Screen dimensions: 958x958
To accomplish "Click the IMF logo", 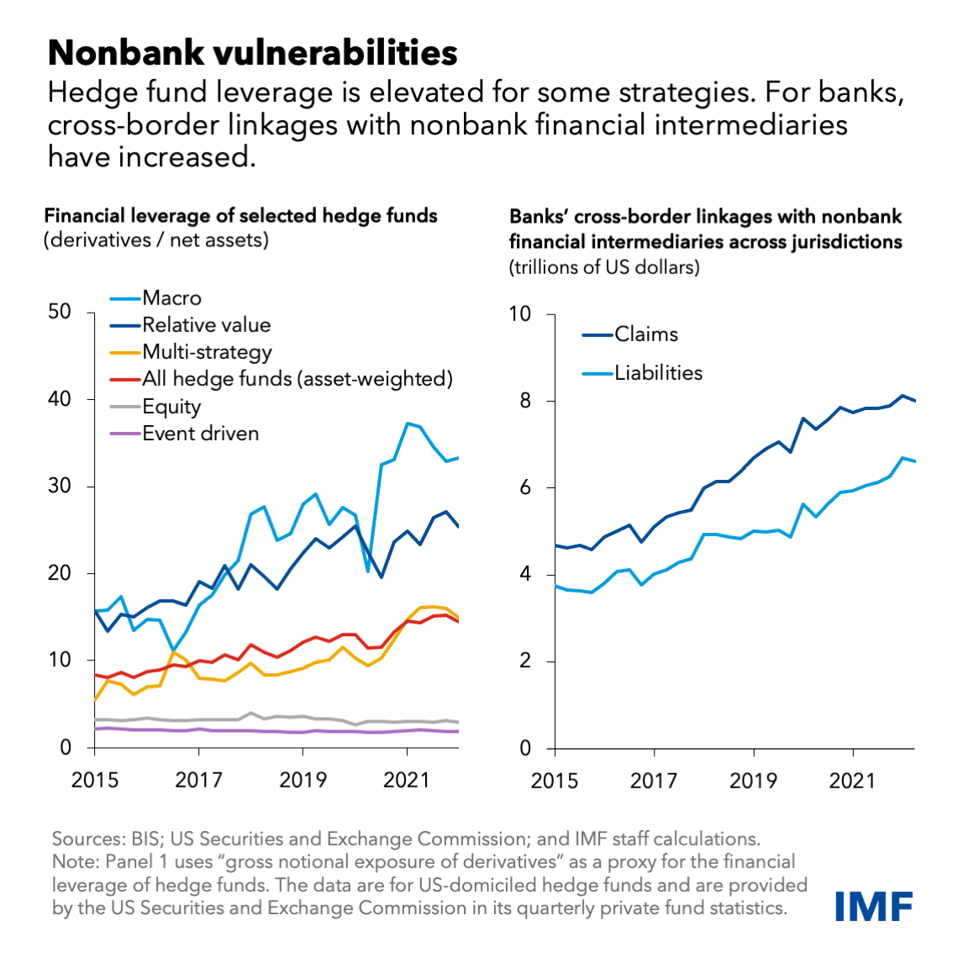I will (874, 907).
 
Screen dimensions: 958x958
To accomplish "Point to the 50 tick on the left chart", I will (60, 312).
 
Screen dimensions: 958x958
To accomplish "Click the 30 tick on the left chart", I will (60, 487).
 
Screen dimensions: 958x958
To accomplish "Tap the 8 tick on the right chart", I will (526, 401).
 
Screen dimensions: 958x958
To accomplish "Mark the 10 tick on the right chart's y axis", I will (521, 314).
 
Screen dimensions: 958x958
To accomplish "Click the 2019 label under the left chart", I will (303, 780).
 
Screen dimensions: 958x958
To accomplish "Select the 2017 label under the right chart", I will (654, 781).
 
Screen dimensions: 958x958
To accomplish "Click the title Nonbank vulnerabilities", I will (252, 52).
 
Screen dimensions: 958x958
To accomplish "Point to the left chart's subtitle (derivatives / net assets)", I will (156, 240).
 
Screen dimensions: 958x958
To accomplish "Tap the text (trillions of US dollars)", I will (604, 268).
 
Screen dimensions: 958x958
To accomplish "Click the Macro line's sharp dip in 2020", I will (368, 571).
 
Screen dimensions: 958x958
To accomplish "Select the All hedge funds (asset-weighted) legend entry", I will (297, 379).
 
